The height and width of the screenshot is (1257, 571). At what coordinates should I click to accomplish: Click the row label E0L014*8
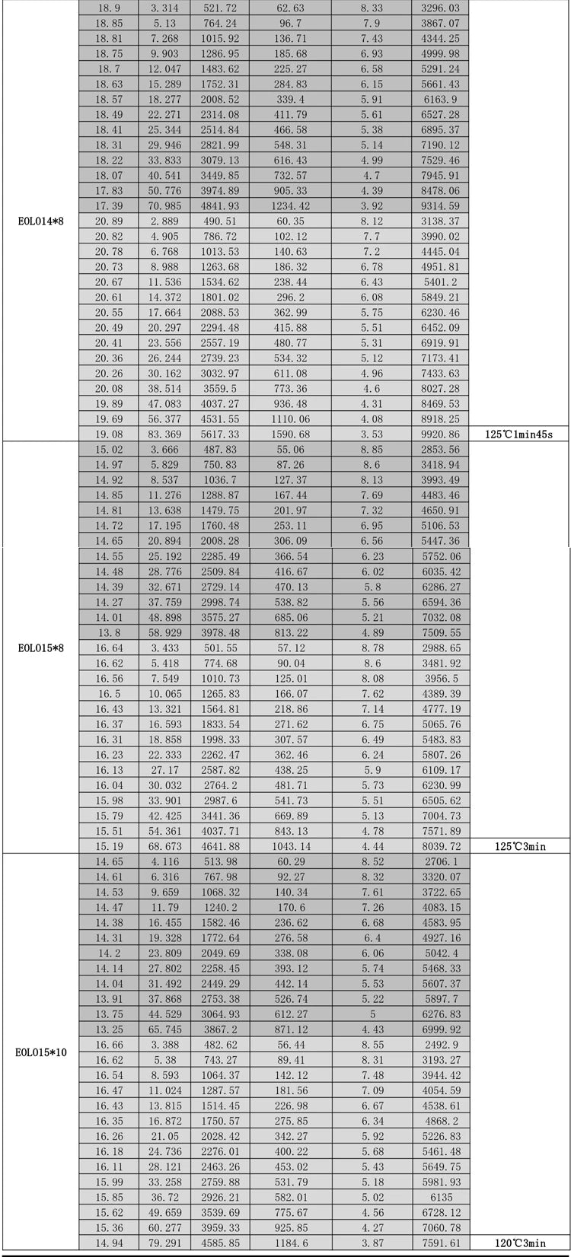[x=40, y=221]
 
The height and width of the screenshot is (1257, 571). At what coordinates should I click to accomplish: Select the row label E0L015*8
[x=40, y=648]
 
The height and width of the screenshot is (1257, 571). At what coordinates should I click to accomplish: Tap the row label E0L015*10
[x=40, y=1053]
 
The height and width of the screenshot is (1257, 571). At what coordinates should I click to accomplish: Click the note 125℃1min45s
[x=519, y=434]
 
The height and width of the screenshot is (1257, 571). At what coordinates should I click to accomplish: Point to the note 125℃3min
[x=519, y=845]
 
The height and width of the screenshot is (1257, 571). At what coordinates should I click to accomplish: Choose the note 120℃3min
[x=519, y=1243]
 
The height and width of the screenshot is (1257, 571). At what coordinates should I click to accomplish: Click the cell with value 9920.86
[x=440, y=434]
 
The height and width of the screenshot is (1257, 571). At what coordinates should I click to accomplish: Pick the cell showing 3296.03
[x=440, y=7]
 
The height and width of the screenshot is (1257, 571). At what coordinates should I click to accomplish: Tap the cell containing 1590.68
[x=290, y=434]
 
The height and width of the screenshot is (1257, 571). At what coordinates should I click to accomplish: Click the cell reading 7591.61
[x=440, y=1243]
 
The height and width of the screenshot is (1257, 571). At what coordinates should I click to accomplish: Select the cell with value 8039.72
[x=440, y=845]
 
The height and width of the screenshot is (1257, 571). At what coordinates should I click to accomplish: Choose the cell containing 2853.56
[x=440, y=450]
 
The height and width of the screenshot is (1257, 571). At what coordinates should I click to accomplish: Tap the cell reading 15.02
[x=108, y=450]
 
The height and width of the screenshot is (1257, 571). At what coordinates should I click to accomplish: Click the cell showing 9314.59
[x=440, y=205]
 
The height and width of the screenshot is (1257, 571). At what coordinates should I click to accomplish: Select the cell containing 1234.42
[x=290, y=205]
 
